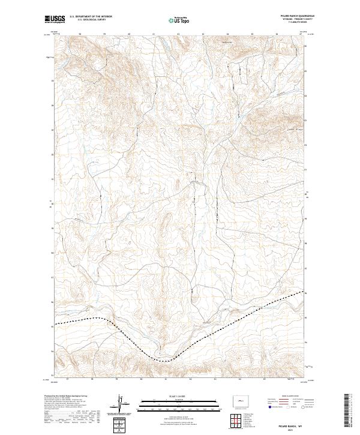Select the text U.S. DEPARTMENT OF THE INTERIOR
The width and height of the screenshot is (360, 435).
(91, 16)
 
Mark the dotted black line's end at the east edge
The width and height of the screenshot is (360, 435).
(305, 292)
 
